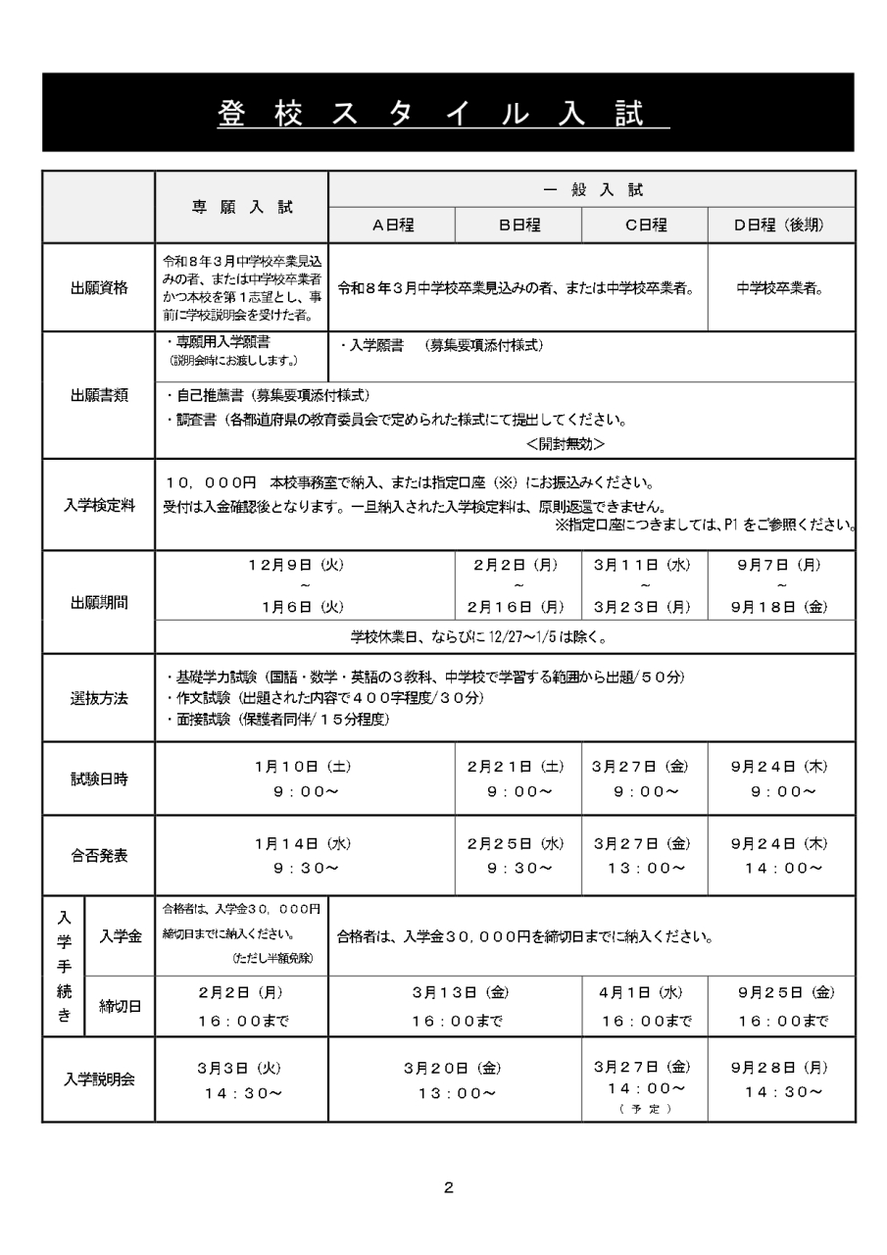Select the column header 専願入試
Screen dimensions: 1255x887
[241, 207]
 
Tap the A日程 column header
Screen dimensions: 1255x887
[392, 225]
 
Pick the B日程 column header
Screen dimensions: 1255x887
[518, 225]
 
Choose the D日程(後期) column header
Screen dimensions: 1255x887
[780, 225]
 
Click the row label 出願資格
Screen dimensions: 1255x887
[98, 288]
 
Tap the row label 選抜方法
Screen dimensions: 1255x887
[98, 698]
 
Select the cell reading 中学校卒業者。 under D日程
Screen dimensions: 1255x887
[780, 288]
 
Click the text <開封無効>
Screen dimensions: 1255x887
[565, 443]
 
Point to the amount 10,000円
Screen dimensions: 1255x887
[212, 483]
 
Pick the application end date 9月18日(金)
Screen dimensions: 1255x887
[780, 606]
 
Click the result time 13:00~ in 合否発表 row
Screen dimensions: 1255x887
[644, 867]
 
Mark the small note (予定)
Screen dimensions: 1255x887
[644, 1109]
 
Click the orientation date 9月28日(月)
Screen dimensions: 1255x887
[780, 1067]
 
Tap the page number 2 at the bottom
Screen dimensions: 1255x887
[448, 1188]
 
